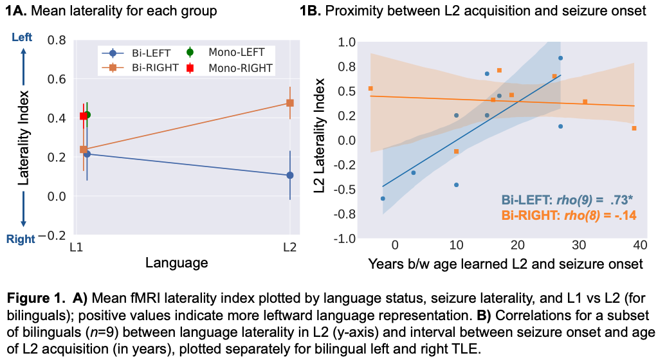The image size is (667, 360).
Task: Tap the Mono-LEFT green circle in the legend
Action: point(190,52)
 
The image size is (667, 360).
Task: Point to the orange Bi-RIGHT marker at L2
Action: point(290,103)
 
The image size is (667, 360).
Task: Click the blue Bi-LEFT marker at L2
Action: point(290,175)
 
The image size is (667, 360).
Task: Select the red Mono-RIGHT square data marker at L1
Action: point(83,116)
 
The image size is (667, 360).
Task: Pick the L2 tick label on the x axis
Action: point(290,247)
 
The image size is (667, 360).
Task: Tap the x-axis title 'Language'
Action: point(176,262)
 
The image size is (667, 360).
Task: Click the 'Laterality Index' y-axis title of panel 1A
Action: point(24,138)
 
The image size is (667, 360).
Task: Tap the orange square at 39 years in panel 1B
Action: point(634,129)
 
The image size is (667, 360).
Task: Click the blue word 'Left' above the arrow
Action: point(22,39)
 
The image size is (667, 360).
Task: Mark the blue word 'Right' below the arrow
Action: point(20,239)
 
